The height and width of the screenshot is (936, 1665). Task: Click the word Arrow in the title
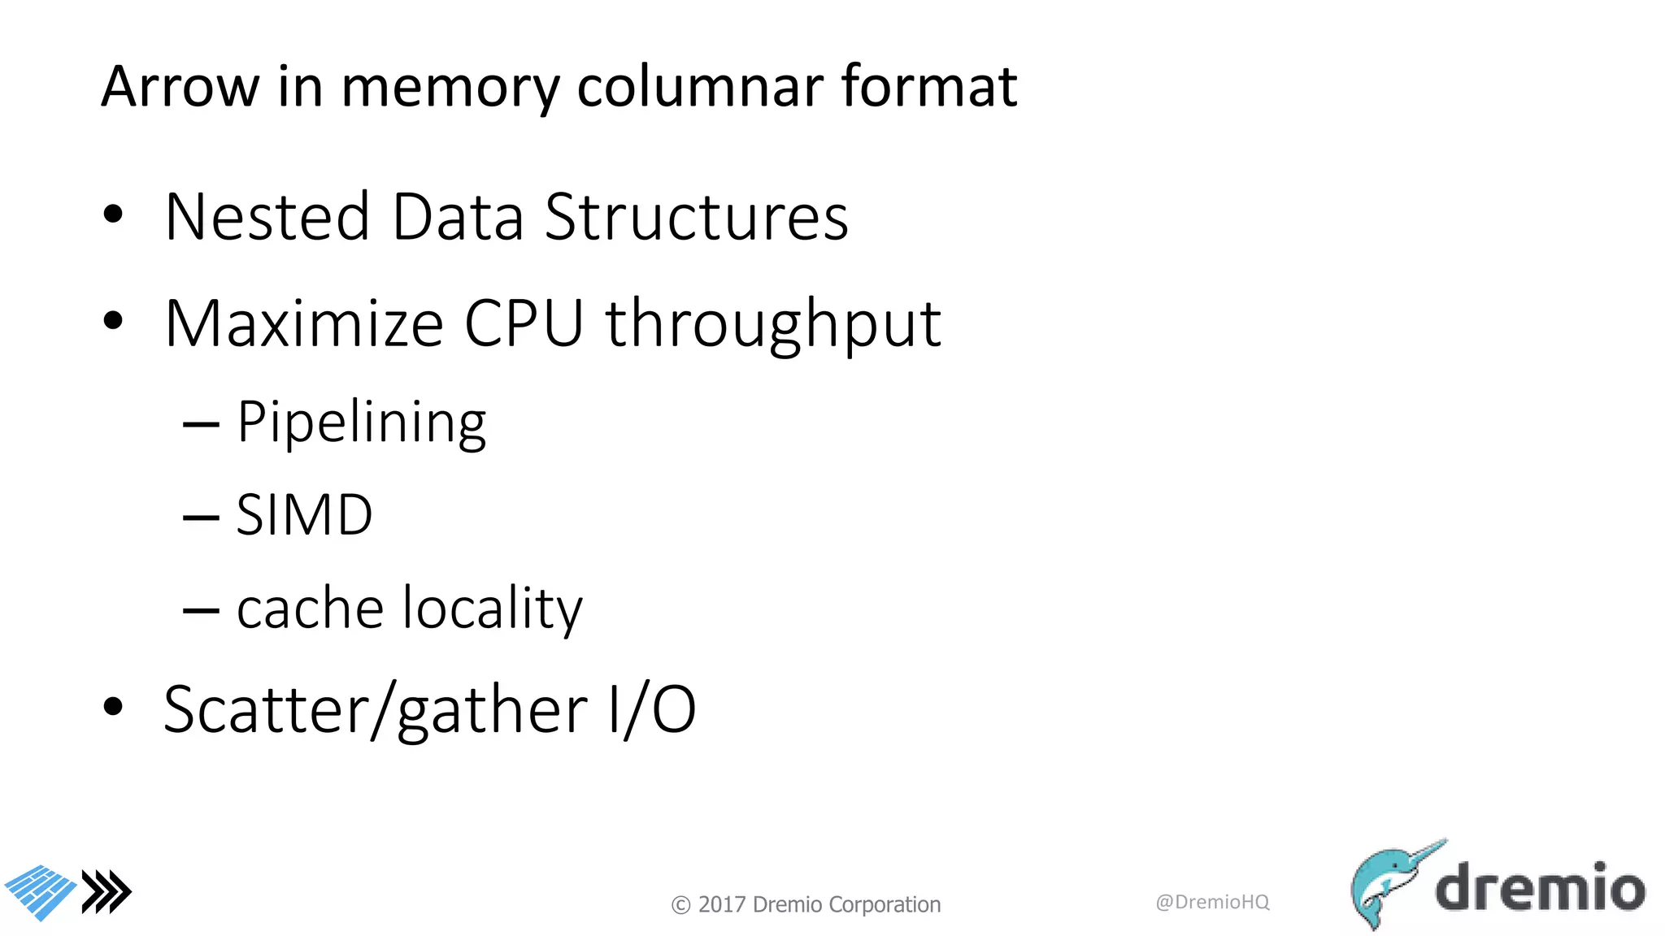tap(180, 86)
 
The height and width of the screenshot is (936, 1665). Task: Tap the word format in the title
tap(928, 86)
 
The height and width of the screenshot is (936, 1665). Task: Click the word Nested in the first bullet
tap(267, 217)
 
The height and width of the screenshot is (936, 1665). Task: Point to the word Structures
tap(697, 217)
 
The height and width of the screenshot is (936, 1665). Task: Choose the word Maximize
tap(304, 323)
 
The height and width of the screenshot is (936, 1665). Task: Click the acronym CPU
tap(524, 323)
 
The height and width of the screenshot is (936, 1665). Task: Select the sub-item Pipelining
tap(362, 423)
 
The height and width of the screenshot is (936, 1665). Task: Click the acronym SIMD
tap(304, 515)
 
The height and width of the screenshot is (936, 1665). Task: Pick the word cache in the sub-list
tap(310, 608)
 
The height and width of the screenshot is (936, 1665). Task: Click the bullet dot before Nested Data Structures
tap(113, 214)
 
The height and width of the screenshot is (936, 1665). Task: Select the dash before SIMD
tap(201, 517)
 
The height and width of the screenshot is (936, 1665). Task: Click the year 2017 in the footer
tap(722, 904)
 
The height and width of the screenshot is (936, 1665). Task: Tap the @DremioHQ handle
tap(1212, 902)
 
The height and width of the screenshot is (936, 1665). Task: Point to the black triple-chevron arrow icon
tap(107, 892)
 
